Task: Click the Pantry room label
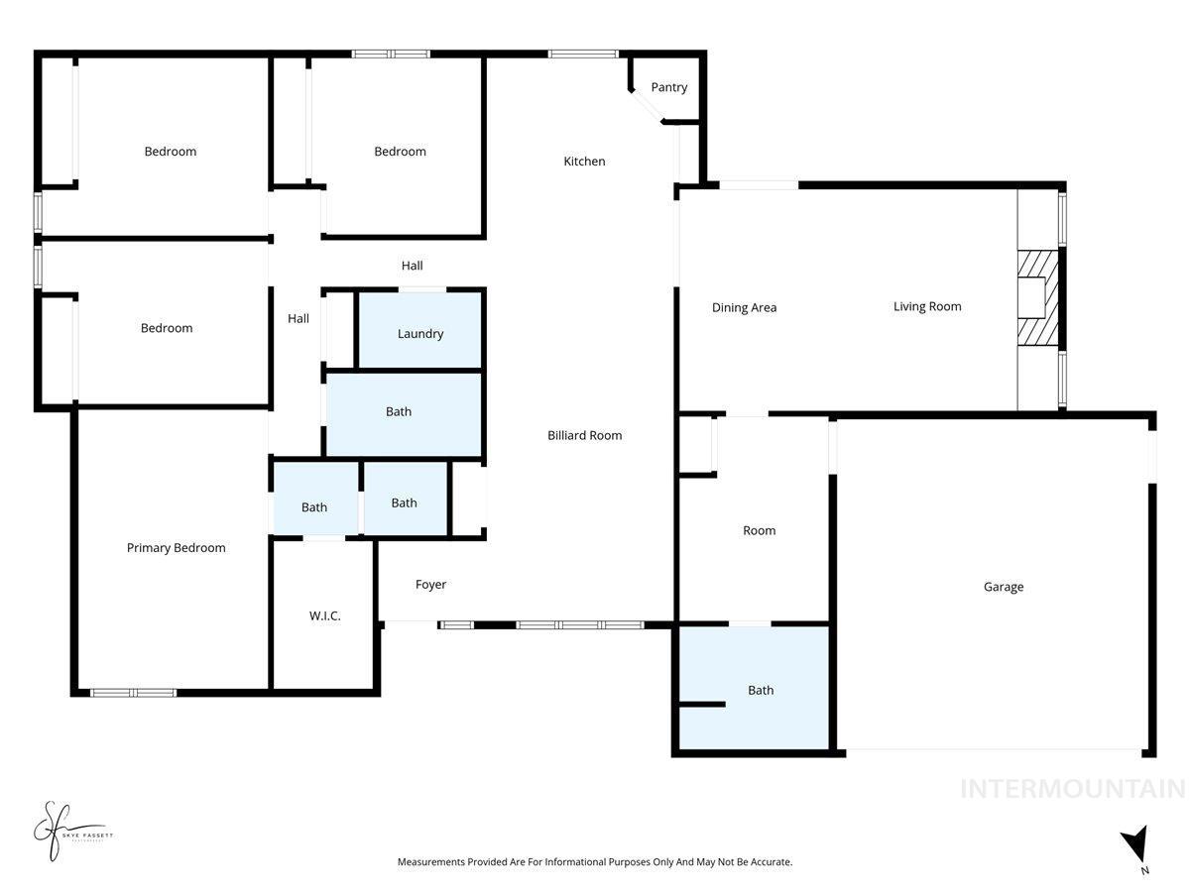[x=668, y=87]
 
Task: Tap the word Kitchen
[x=584, y=162]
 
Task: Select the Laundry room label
[x=420, y=334]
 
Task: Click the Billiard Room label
[x=585, y=435]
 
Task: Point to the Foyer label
[x=430, y=585]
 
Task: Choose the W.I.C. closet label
[x=324, y=615]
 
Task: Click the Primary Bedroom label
[x=176, y=548]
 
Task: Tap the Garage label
[x=1003, y=587]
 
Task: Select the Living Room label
[x=927, y=306]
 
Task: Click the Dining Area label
[x=744, y=307]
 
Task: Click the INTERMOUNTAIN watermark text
[x=1072, y=789]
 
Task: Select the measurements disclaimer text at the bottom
[x=595, y=862]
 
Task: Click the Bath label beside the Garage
[x=761, y=691]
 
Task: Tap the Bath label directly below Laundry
[x=399, y=411]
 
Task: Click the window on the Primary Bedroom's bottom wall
[x=134, y=692]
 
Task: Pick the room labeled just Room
[x=760, y=530]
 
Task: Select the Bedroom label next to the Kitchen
[x=400, y=152]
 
